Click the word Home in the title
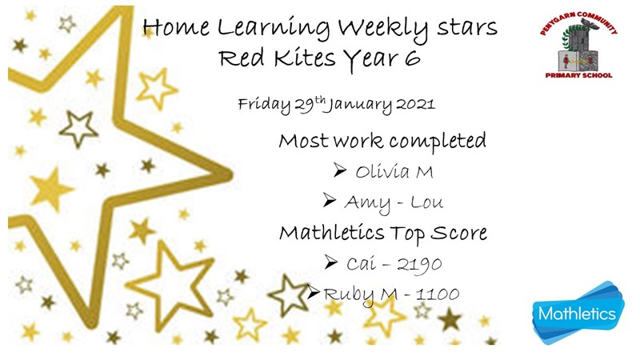click(x=176, y=27)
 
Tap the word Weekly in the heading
click(x=383, y=28)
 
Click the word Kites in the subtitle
click(x=305, y=57)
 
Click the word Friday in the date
click(x=265, y=106)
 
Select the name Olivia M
click(x=394, y=171)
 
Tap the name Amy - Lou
click(x=394, y=203)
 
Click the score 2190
click(x=419, y=265)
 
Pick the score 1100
click(x=438, y=294)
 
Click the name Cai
click(x=362, y=264)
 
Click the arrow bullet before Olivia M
click(x=339, y=170)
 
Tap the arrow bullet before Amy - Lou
click(x=329, y=200)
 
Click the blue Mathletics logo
click(x=578, y=313)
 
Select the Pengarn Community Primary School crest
click(x=578, y=45)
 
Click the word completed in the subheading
click(x=437, y=142)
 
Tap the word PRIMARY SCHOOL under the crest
click(x=578, y=75)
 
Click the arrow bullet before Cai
click(x=331, y=262)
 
